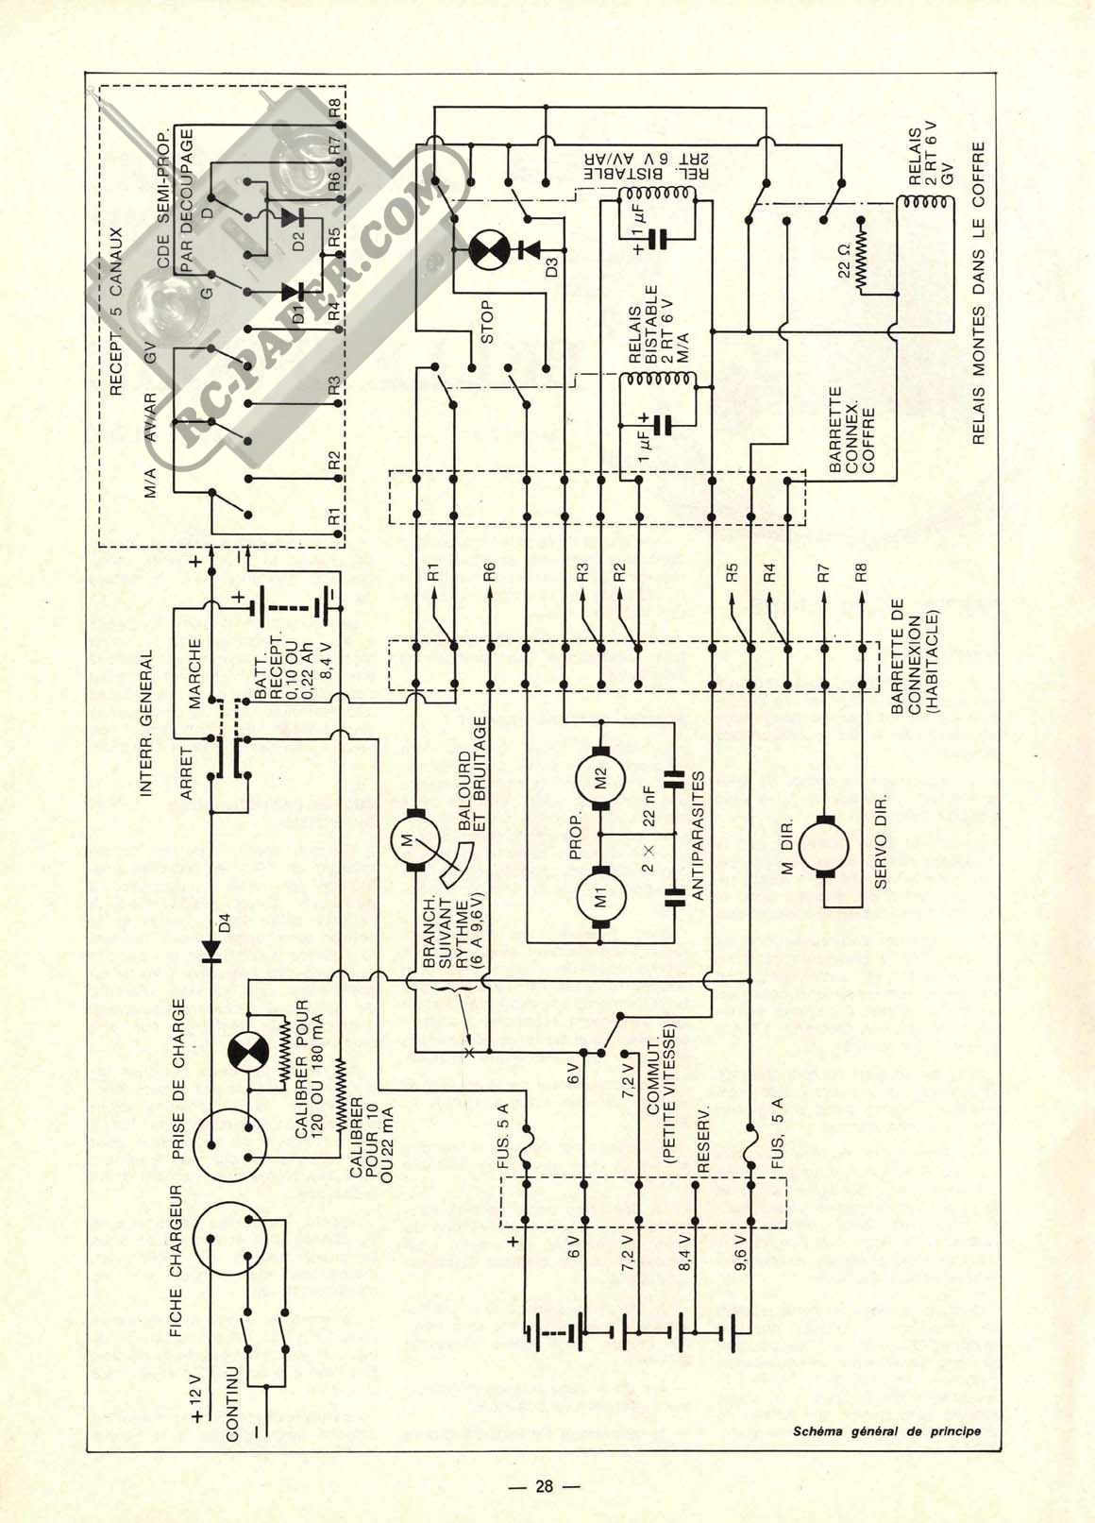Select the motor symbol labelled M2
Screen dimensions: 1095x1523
(x=600, y=778)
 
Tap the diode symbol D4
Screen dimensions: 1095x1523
(x=211, y=951)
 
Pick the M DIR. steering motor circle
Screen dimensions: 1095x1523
(x=823, y=847)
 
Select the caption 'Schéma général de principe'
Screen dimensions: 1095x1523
(x=887, y=1430)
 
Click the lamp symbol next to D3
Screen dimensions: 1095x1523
(x=489, y=249)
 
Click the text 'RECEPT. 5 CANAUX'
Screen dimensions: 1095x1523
(x=115, y=312)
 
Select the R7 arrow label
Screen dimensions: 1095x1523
(x=823, y=573)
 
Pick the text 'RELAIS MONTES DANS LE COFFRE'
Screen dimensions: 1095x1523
(x=978, y=293)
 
